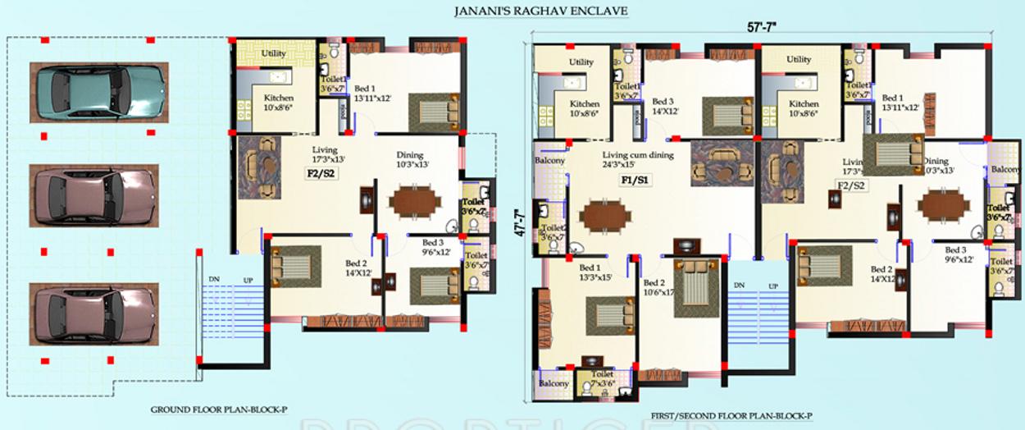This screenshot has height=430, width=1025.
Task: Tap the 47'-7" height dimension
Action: point(518,222)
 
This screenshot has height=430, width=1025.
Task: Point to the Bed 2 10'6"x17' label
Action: point(658,287)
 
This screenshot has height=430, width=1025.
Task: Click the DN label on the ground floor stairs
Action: point(214,281)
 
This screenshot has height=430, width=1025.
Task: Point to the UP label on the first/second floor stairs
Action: point(772,286)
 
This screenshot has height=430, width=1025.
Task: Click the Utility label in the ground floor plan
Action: point(274,53)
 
